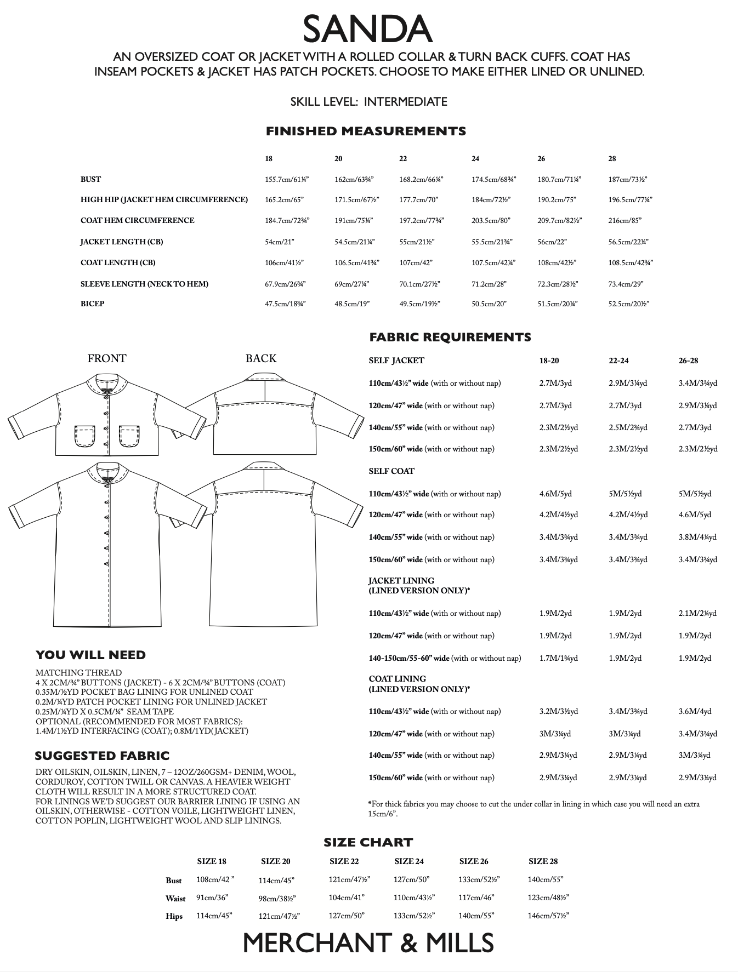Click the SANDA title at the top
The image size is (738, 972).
[x=368, y=30]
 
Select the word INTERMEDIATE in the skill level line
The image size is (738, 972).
[x=405, y=102]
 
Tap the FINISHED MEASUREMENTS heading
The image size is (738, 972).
[x=366, y=131]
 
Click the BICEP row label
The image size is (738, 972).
[x=92, y=304]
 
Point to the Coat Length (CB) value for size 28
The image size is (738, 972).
[x=631, y=263]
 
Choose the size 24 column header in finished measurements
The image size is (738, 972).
[x=475, y=159]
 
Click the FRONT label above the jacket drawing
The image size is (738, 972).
[x=107, y=358]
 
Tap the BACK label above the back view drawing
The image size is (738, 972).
[x=261, y=358]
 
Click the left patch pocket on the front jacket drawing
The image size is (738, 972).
[x=85, y=437]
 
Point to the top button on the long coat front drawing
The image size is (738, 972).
[x=107, y=486]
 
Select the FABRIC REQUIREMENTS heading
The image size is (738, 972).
[x=450, y=338]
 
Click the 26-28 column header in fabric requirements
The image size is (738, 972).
[x=688, y=361]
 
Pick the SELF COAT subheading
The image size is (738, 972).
[x=391, y=471]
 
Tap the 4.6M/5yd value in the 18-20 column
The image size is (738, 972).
[x=555, y=494]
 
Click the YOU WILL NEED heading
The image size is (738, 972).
[x=90, y=655]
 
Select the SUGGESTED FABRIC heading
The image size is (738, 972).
[x=102, y=756]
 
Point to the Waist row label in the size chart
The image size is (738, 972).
[x=175, y=899]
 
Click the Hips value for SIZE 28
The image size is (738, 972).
[x=548, y=916]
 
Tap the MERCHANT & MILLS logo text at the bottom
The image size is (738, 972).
[x=368, y=943]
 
